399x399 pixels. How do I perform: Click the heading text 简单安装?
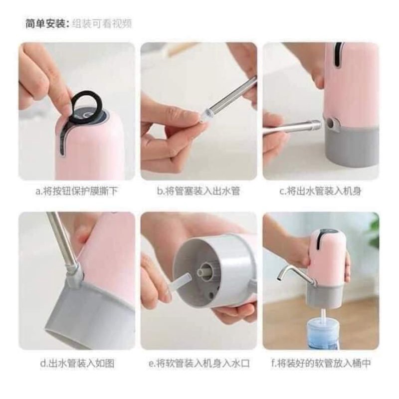[45, 23]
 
